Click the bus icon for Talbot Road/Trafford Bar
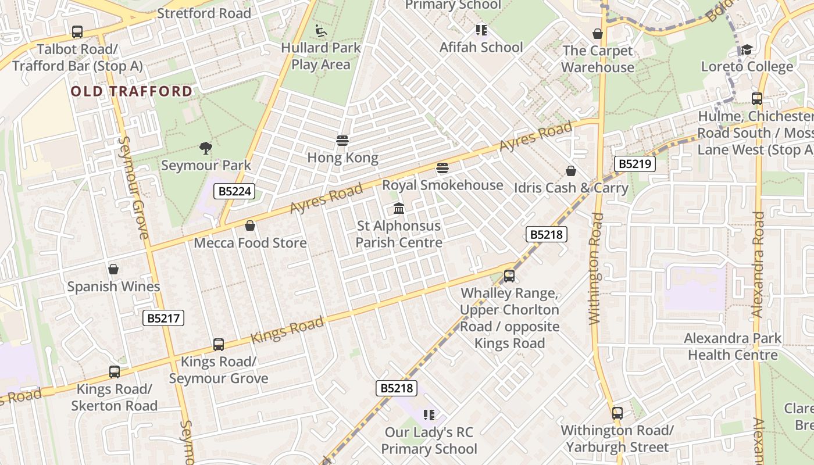point(77,32)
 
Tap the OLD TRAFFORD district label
point(131,91)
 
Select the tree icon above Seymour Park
point(205,148)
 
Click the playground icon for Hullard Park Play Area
point(321,30)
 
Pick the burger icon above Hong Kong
point(342,141)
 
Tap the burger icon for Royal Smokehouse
point(442,169)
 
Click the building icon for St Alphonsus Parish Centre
point(399,208)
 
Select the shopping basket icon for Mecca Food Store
point(250,226)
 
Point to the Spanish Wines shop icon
point(113,270)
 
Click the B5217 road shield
point(163,318)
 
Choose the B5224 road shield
point(234,191)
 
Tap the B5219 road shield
point(634,164)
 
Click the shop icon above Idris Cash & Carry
point(571,171)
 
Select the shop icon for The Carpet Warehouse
point(597,34)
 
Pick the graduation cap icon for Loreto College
point(747,49)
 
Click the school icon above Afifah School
point(481,30)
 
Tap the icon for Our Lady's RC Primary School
point(429,415)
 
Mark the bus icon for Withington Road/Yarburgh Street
point(617,413)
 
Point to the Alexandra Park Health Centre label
point(733,346)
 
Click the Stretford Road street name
point(204,13)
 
